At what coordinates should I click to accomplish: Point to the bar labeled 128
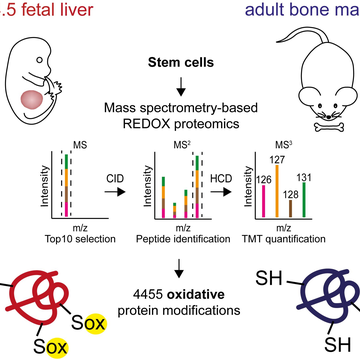pos(290,203)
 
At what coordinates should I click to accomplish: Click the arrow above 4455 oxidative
pos(179,267)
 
